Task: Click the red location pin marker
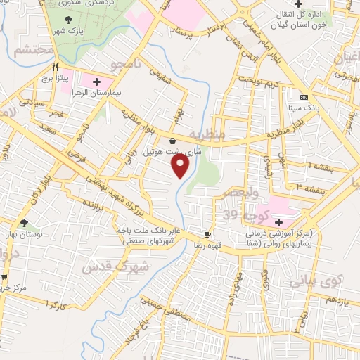[181, 165]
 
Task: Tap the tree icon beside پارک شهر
[67, 20]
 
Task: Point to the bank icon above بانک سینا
[303, 97]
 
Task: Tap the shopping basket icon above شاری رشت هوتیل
[172, 141]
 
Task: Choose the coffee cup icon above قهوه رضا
[207, 234]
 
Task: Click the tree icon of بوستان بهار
[25, 222]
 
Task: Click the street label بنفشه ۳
[309, 187]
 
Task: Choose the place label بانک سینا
[304, 108]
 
